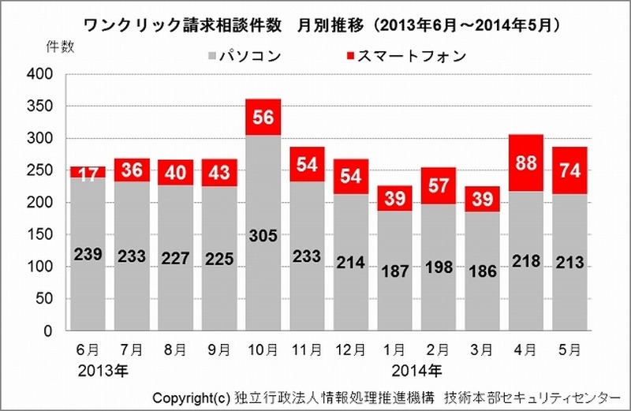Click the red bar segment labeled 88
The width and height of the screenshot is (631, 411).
click(x=526, y=163)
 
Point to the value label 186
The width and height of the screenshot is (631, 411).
click(x=483, y=271)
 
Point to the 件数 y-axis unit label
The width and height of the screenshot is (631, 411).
click(x=60, y=47)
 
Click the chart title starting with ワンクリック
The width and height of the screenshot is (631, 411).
click(x=315, y=24)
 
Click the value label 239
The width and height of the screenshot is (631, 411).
click(x=88, y=255)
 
